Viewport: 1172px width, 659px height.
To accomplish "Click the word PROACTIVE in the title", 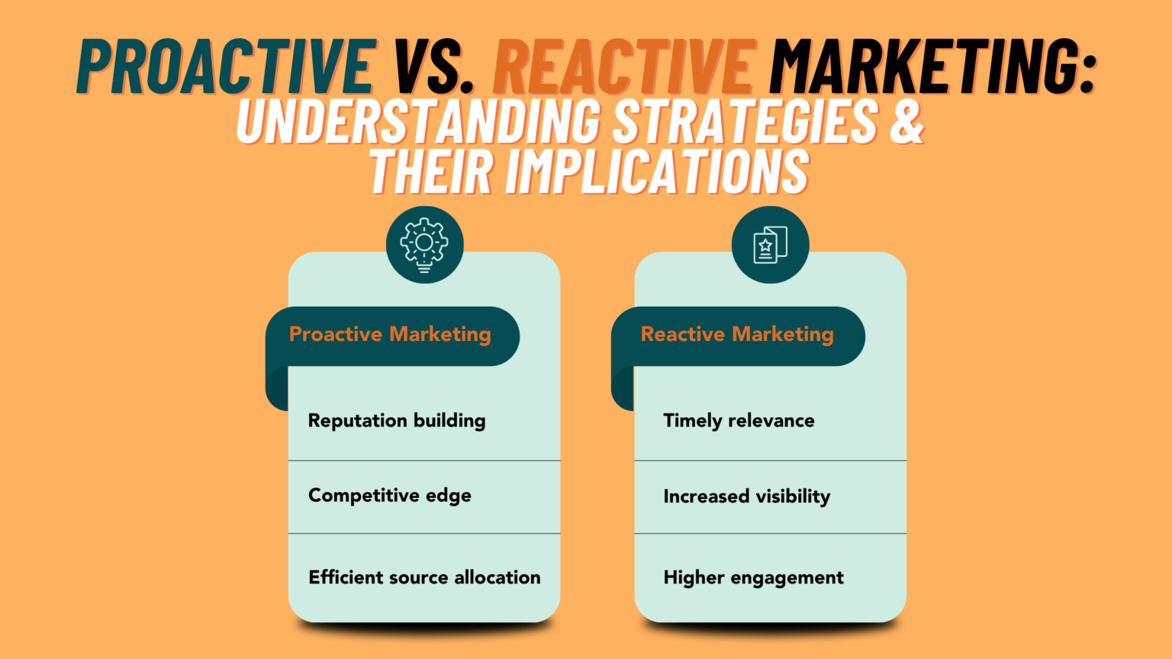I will pos(227,67).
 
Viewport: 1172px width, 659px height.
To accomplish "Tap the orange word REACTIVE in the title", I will pos(623,67).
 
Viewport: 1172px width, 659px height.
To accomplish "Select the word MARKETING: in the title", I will pos(932,67).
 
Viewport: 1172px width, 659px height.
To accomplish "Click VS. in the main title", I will pos(433,67).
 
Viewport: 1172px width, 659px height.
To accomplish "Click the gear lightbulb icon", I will pos(424,245).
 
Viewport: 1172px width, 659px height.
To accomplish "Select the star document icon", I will pos(770,245).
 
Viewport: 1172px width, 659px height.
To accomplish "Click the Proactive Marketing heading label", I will pos(390,335).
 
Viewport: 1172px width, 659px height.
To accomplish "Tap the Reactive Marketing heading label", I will pos(737,335).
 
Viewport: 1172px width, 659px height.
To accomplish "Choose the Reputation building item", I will pos(397,421).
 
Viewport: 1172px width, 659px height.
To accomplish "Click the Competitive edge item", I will pos(390,496).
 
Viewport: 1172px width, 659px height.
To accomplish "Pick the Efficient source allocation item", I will pos(424,577).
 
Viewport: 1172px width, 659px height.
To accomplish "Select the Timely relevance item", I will pos(739,421).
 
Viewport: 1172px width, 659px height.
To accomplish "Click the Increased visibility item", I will pos(747,497).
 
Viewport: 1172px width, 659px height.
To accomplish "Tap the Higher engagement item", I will pos(753,578).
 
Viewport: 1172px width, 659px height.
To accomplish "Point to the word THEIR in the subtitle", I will pos(432,172).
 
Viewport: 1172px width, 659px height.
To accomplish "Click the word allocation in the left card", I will pos(497,577).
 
